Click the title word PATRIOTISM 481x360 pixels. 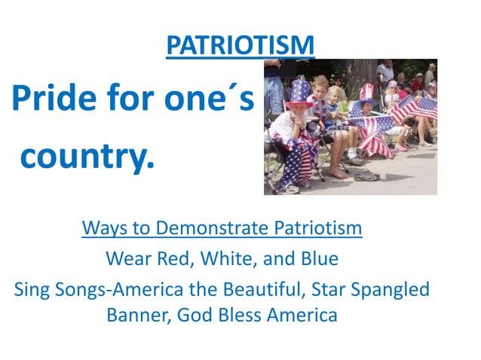click(240, 45)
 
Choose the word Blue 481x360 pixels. click(317, 259)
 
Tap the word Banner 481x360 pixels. click(139, 315)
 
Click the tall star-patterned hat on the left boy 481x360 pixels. click(299, 91)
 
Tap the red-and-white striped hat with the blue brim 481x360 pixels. click(368, 94)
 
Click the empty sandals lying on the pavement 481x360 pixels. click(367, 175)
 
